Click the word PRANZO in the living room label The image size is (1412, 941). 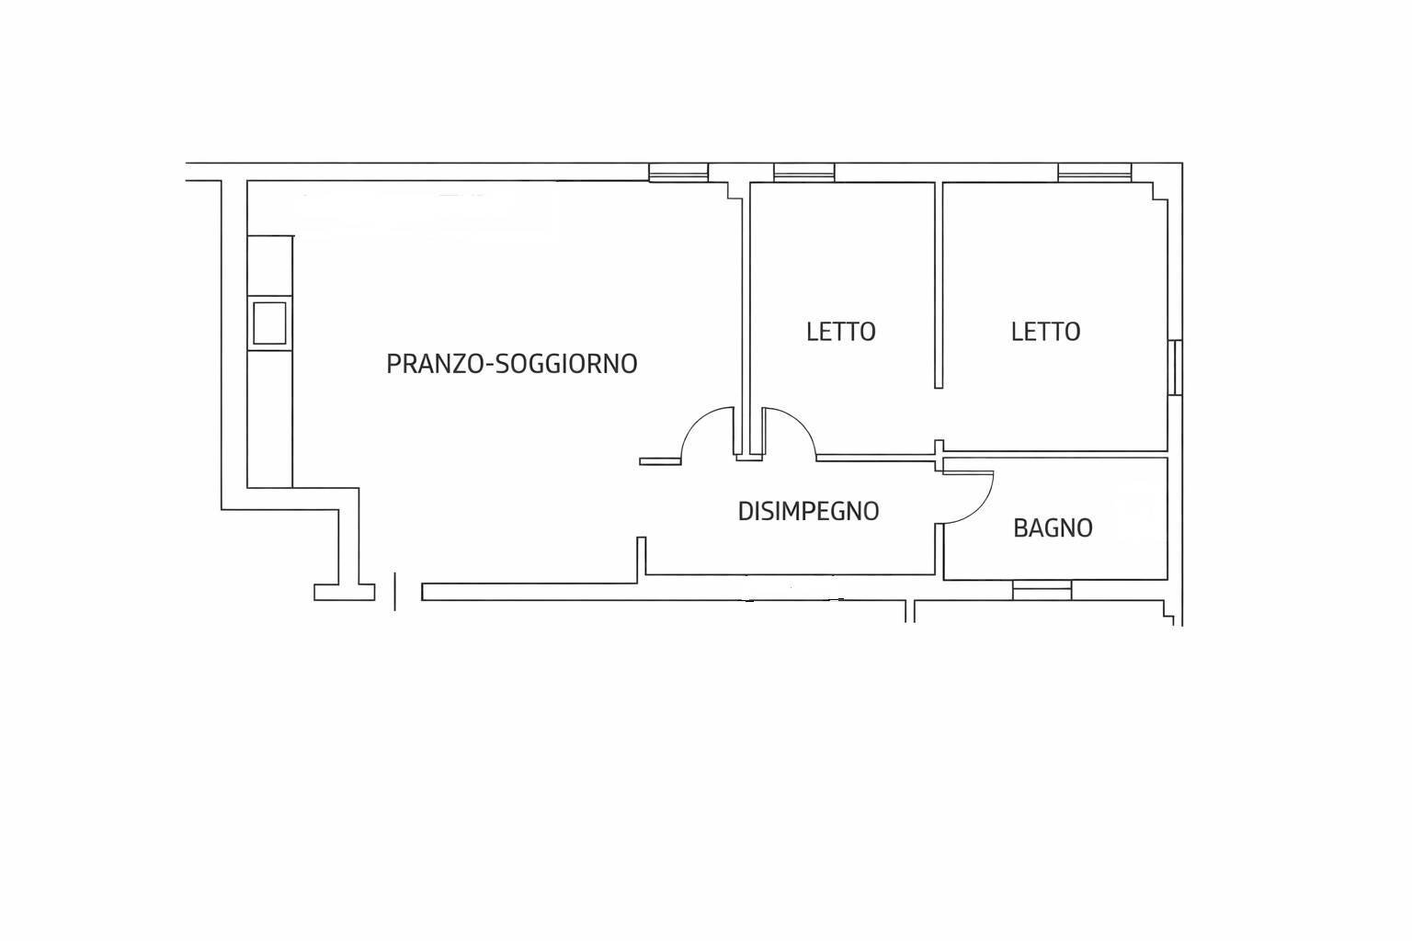click(432, 364)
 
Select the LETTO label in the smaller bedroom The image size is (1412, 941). click(840, 331)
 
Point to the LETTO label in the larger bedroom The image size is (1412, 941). click(1045, 331)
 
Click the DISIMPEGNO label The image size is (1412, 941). click(808, 511)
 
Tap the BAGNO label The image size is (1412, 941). click(1053, 527)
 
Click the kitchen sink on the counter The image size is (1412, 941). click(269, 323)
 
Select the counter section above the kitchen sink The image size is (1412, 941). click(269, 266)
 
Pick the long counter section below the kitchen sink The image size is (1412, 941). click(269, 418)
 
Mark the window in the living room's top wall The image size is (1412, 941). click(678, 173)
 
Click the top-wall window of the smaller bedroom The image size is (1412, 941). click(803, 173)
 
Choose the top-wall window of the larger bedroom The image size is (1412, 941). click(1094, 173)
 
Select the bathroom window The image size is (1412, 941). click(1042, 590)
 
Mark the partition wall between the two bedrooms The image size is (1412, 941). click(939, 285)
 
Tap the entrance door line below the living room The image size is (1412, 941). click(395, 591)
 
